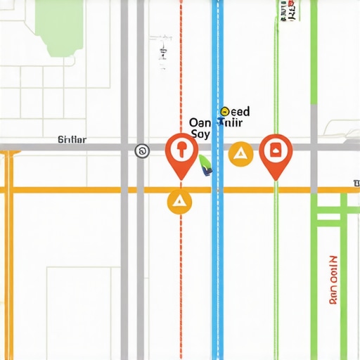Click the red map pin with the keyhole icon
[x=181, y=152]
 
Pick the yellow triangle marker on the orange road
[x=179, y=202]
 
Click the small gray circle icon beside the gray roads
[x=142, y=150]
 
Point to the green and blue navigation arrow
[x=205, y=166]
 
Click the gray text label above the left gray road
[x=71, y=140]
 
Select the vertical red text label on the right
[x=333, y=278]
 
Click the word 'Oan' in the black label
[x=201, y=122]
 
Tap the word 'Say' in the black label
[x=200, y=133]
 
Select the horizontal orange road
[x=84, y=190]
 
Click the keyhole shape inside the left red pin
[x=181, y=148]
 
